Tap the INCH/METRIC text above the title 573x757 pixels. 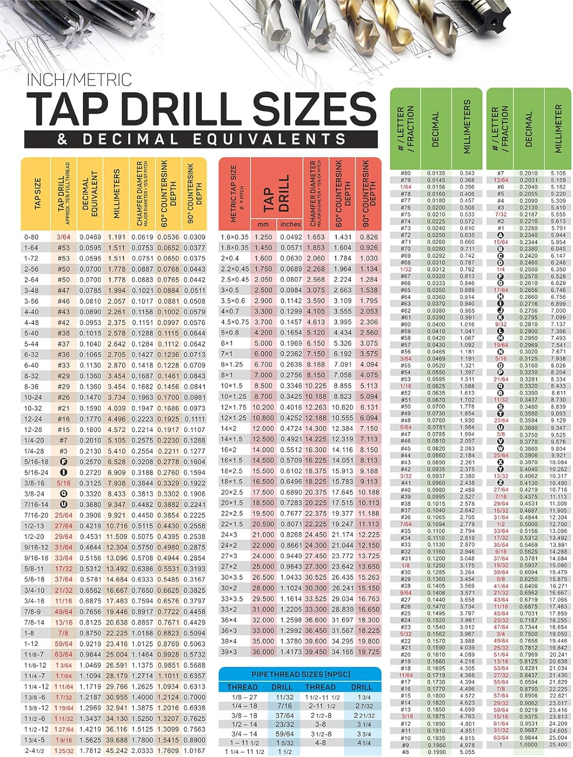(79, 80)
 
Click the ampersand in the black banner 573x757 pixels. (63, 139)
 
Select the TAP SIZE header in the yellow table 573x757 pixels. (37, 193)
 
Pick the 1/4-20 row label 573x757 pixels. (34, 440)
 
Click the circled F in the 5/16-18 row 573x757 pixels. (64, 462)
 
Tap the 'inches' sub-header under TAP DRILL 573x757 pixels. (290, 224)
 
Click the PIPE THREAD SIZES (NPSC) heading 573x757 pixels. (300, 674)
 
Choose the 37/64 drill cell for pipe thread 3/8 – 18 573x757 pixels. (284, 715)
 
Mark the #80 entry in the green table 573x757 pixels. (405, 173)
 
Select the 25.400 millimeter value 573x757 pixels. (558, 744)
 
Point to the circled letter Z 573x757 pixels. (501, 483)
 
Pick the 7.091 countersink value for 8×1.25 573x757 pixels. (343, 364)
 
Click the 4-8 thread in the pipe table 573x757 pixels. (320, 743)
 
